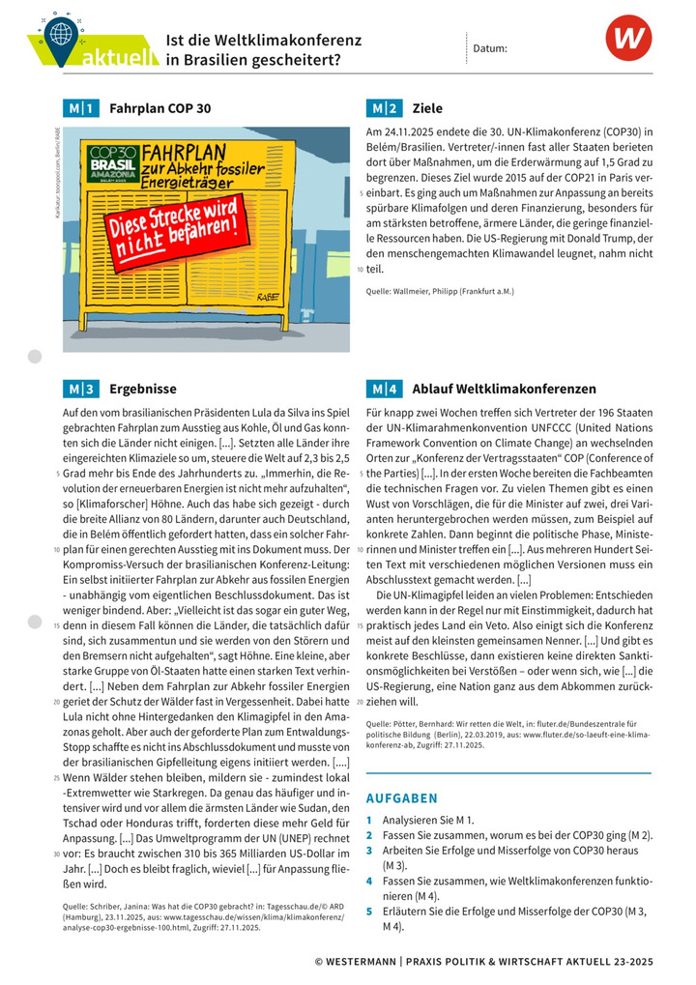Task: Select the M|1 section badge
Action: click(x=79, y=108)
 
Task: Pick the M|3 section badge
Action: click(x=79, y=390)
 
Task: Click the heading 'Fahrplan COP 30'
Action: click(x=159, y=108)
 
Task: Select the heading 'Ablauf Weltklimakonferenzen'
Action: click(x=504, y=390)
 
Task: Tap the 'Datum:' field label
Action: click(x=490, y=47)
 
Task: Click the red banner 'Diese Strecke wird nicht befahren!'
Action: click(x=173, y=232)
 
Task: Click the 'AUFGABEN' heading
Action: click(x=401, y=798)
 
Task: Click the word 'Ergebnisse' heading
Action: click(x=143, y=390)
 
